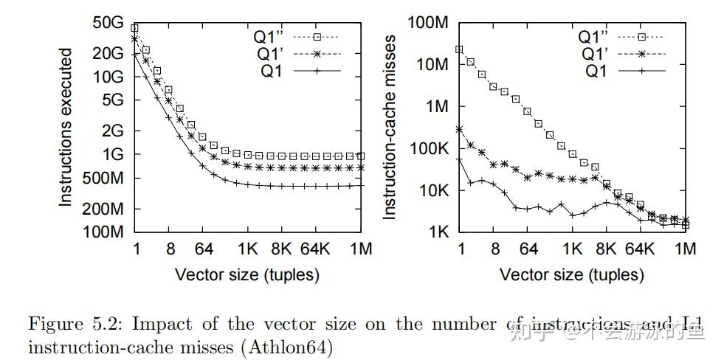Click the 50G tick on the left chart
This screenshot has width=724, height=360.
[109, 23]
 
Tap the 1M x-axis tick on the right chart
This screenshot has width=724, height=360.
[685, 250]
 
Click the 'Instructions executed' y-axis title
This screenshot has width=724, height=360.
[66, 127]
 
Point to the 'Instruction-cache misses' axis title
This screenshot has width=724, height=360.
[391, 127]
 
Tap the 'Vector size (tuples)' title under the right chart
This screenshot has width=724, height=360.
[572, 275]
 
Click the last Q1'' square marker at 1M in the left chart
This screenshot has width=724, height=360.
[360, 156]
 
